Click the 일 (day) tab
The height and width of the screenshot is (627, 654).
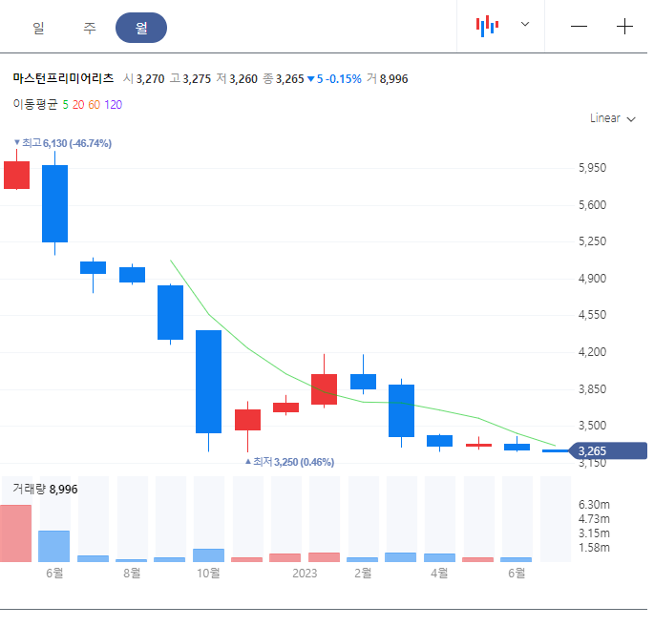(38, 28)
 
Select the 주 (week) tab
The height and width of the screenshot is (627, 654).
(90, 28)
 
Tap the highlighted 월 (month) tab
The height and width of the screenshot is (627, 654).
(141, 28)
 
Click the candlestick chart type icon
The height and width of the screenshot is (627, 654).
(488, 26)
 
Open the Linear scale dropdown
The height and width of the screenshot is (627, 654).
(613, 118)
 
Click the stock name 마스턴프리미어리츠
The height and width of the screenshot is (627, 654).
(63, 79)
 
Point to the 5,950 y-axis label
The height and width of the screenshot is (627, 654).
(593, 168)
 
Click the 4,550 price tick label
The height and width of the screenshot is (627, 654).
(593, 315)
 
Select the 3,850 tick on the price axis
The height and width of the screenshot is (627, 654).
(593, 389)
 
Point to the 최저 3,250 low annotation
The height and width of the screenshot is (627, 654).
(291, 462)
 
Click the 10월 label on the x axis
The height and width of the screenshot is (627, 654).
(208, 574)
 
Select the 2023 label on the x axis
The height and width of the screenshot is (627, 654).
(305, 574)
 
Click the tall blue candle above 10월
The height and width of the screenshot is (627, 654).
(208, 382)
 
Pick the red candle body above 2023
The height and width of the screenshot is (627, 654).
(324, 389)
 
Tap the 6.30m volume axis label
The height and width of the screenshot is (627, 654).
(595, 504)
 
